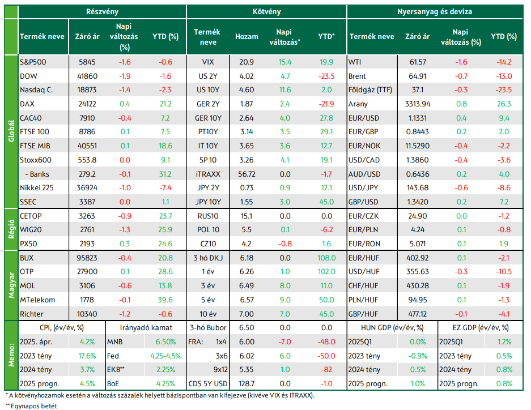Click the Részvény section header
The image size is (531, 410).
click(102, 11)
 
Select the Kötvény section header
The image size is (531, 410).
click(267, 11)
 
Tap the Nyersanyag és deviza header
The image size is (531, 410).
click(435, 11)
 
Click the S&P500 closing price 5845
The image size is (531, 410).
click(87, 62)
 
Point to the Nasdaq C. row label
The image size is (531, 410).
click(36, 90)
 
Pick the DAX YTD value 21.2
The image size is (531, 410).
click(165, 104)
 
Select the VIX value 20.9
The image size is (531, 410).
click(246, 62)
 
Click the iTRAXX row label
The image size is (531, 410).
click(208, 174)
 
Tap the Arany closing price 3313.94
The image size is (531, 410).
click(417, 104)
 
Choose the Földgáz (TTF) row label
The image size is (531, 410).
click(370, 90)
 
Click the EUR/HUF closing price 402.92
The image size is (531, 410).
click(417, 258)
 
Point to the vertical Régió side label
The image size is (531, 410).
click(11, 229)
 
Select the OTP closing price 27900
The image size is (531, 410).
click(87, 272)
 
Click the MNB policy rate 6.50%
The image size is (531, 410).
click(165, 341)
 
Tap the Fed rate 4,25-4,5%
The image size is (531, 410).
click(165, 356)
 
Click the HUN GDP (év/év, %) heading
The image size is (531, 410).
click(392, 328)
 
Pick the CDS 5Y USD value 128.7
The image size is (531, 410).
click(246, 383)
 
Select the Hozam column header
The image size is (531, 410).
click(247, 37)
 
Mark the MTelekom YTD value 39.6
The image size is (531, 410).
click(165, 300)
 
